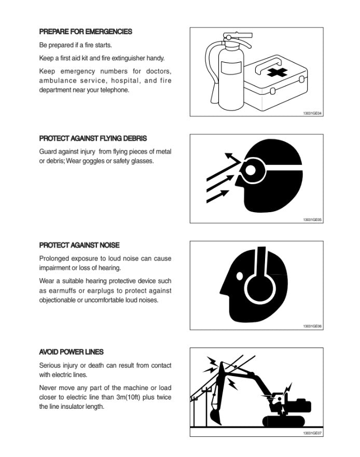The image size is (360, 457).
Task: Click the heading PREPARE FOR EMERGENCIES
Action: [86, 32]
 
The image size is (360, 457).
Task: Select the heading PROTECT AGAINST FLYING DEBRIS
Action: [93, 138]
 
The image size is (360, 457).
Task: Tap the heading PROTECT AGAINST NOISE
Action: [79, 245]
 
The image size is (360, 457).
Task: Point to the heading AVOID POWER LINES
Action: [71, 352]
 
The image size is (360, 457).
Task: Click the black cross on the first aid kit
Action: [277, 72]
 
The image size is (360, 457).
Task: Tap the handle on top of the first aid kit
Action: [269, 65]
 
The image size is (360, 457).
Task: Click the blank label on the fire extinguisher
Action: [231, 67]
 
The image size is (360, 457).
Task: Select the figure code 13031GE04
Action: [312, 113]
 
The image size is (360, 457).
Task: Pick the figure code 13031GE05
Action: [312, 220]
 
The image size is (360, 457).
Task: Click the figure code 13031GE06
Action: [312, 326]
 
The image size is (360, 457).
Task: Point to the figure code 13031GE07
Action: [312, 433]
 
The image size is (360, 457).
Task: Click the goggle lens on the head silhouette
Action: [251, 170]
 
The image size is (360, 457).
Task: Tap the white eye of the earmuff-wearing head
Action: [240, 276]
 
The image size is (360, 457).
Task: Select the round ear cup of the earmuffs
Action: [260, 289]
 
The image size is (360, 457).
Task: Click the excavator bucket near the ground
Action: [216, 416]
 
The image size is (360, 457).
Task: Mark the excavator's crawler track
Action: [284, 421]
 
